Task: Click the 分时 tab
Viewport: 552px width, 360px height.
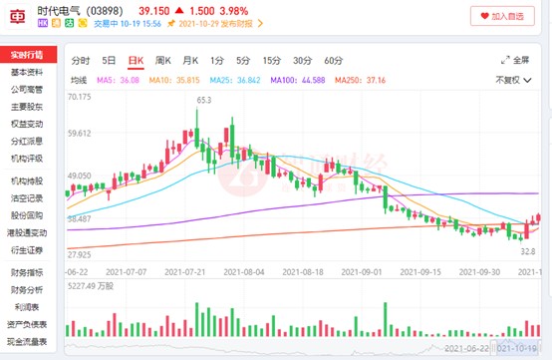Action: (x=82, y=60)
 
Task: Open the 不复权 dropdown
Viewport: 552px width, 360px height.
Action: (x=517, y=79)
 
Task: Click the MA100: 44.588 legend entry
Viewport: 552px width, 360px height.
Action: (x=296, y=79)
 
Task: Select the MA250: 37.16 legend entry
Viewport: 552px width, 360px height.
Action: (x=360, y=79)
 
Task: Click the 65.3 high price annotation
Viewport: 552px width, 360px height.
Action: (x=204, y=100)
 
